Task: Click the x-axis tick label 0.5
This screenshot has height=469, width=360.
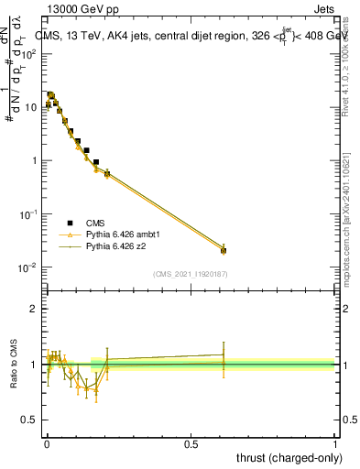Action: tap(191, 443)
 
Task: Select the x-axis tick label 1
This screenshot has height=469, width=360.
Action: tap(334, 443)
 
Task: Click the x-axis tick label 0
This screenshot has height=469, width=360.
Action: tap(47, 443)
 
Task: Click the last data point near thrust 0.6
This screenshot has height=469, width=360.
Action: tap(224, 250)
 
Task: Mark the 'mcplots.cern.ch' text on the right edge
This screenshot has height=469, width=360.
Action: tap(352, 220)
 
